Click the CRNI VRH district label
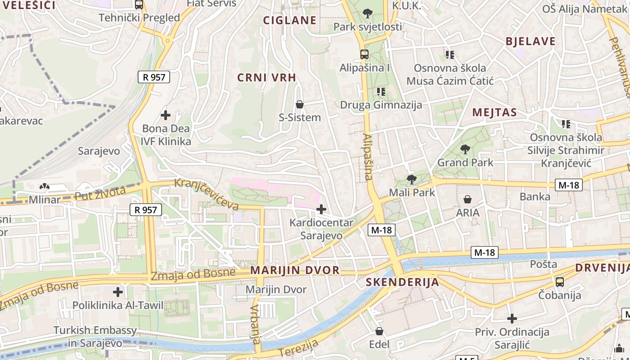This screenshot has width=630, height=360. tap(267, 77)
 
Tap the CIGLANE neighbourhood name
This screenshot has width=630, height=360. tap(290, 20)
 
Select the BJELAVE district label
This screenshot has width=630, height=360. tap(531, 41)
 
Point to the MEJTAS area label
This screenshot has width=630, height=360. tap(494, 112)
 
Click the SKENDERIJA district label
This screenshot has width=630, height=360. tap(402, 282)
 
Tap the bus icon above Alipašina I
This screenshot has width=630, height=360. tap(364, 54)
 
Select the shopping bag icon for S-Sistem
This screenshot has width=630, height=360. tap(300, 105)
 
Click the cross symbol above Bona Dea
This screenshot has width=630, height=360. tap(166, 115)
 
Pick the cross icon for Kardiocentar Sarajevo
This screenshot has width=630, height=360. tap(321, 209)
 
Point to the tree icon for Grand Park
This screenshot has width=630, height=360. tap(465, 149)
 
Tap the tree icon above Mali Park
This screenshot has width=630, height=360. tap(411, 180)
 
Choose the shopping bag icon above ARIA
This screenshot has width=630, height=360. tap(468, 199)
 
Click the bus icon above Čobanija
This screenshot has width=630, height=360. tap(560, 282)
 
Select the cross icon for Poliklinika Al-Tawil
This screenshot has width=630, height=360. tap(118, 292)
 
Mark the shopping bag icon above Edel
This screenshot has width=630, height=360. tap(379, 331)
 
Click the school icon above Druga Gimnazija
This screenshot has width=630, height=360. tap(381, 92)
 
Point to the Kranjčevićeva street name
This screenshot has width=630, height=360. tap(206, 194)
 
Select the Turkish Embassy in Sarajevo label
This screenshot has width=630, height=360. tap(95, 337)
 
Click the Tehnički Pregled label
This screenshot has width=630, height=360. tap(139, 18)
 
